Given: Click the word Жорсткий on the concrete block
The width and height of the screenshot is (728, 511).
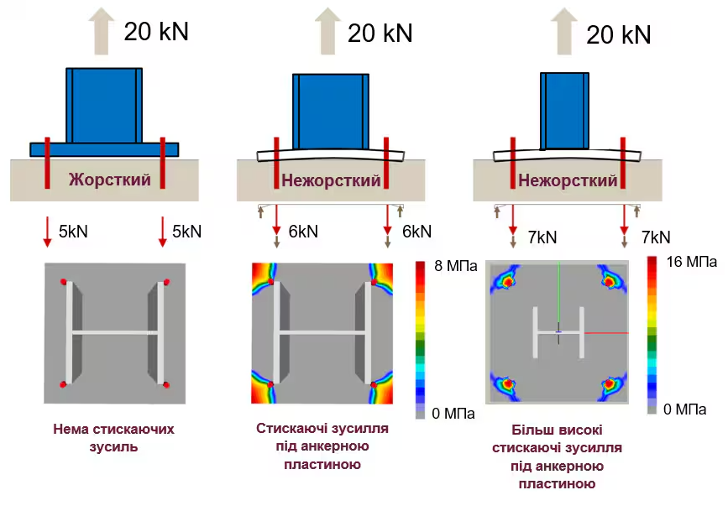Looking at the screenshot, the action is (x=110, y=180).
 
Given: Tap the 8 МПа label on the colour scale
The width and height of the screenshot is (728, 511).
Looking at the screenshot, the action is (x=455, y=266).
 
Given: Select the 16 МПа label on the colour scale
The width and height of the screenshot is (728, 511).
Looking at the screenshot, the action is (x=691, y=262).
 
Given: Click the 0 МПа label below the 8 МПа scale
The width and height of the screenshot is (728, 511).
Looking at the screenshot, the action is (x=453, y=413).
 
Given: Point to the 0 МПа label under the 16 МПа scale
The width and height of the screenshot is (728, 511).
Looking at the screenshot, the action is (x=685, y=409).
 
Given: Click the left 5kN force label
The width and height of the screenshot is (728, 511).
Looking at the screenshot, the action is (x=73, y=231).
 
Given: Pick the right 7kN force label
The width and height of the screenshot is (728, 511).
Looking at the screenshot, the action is (x=656, y=237).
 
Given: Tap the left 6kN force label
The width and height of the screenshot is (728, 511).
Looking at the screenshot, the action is (x=303, y=231).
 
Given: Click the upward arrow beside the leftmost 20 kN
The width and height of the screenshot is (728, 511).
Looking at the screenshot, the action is (x=102, y=31).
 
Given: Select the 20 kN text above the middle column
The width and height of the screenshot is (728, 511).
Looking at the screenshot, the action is (x=380, y=33).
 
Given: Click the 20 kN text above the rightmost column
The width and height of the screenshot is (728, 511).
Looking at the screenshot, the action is (x=619, y=34).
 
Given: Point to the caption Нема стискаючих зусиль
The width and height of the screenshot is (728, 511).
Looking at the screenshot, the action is (x=113, y=438).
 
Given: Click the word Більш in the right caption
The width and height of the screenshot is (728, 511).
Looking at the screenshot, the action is (x=528, y=430).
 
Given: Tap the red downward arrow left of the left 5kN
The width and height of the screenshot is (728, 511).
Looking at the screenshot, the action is (x=47, y=232).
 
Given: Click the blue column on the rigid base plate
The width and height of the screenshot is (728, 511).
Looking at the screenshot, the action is (x=104, y=106).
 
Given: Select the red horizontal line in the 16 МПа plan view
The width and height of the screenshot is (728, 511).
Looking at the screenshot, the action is (x=606, y=333).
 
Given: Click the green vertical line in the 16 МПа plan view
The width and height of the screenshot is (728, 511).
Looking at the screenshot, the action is (x=558, y=292).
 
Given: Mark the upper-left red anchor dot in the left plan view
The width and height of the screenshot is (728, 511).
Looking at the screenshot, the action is (x=63, y=282).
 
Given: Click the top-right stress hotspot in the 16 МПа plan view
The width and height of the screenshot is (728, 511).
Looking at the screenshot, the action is (x=609, y=281).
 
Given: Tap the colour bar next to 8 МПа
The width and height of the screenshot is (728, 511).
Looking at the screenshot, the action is (x=420, y=340).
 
